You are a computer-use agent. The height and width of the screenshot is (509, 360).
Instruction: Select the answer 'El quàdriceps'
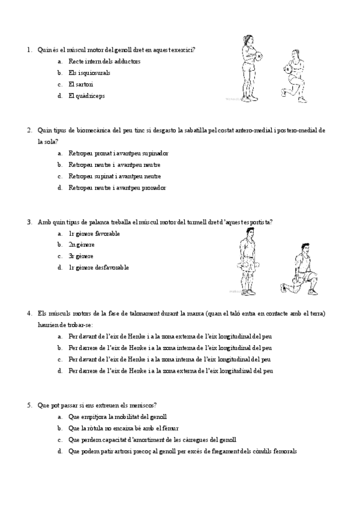pyautogui.click(x=86, y=95)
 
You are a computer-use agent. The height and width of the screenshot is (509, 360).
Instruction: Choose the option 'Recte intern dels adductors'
pyautogui.click(x=104, y=61)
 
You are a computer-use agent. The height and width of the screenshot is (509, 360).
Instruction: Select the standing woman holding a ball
pyautogui.click(x=250, y=67)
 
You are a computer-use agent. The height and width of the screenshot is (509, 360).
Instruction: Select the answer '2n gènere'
pyautogui.click(x=82, y=244)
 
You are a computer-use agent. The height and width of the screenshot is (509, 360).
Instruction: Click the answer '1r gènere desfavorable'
pyautogui.click(x=98, y=267)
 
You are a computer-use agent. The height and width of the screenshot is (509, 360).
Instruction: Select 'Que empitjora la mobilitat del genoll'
pyautogui.click(x=118, y=417)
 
